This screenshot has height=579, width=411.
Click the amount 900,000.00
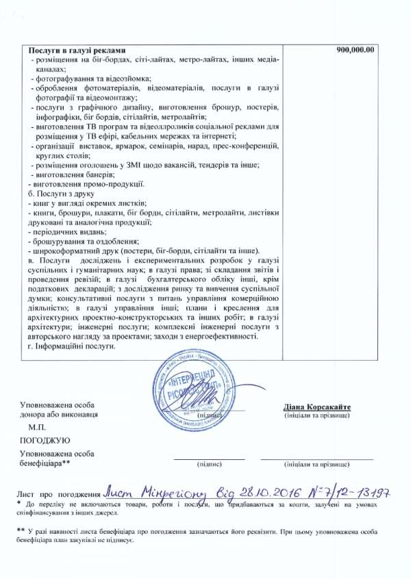coord(356,50)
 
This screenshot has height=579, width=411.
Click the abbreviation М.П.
coord(33,426)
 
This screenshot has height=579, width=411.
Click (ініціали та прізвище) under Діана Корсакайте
coord(316,415)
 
